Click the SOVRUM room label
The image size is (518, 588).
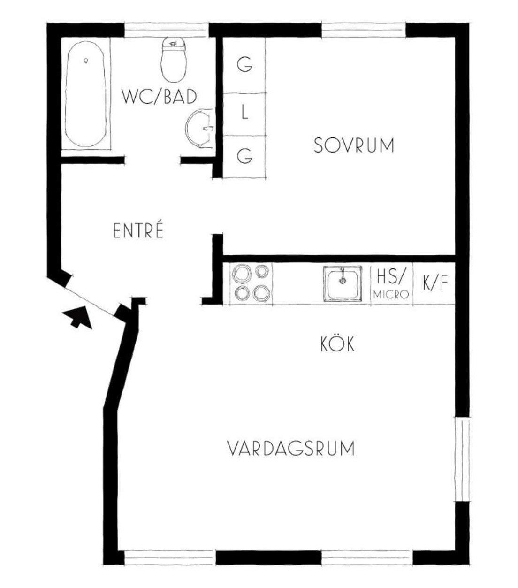coord(354,145)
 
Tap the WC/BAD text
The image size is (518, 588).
coord(160,97)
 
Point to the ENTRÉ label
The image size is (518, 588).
coord(138,230)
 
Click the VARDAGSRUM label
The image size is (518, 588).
coord(290,449)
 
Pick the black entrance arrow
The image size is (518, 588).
coord(78,317)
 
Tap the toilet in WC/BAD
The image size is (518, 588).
coord(174,60)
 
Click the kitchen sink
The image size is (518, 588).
coord(343,283)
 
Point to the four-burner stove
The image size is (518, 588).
coord(251,283)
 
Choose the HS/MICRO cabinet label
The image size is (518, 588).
coord(391,283)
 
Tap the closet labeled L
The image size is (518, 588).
coord(244,115)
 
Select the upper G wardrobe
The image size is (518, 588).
coord(244,65)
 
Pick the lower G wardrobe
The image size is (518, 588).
coord(244,157)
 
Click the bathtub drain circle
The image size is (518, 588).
coord(85,61)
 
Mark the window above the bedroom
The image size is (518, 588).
coord(363,30)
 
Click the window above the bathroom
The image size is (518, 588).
coord(167,30)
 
